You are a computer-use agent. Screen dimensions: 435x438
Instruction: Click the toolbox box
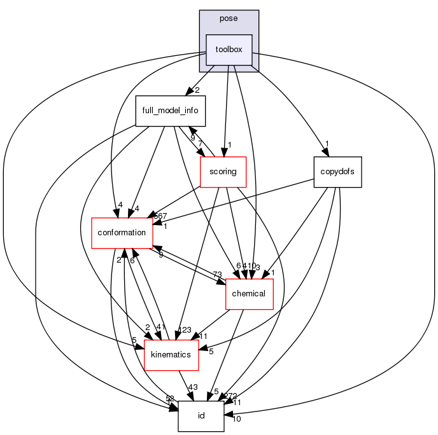tap(229, 50)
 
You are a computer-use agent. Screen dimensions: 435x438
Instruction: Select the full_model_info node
tap(170, 110)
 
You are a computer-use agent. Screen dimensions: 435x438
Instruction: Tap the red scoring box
tap(223, 172)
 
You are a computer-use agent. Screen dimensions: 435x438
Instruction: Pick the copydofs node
tap(337, 172)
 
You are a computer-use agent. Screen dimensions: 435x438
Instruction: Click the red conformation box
tap(122, 233)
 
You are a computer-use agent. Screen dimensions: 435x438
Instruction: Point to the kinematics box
tap(171, 354)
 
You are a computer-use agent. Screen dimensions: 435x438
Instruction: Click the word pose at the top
tap(229, 18)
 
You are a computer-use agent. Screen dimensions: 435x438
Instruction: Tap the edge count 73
tap(217, 275)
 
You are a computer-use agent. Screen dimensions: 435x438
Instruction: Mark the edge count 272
tap(230, 396)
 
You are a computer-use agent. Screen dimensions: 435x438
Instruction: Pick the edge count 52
tap(170, 398)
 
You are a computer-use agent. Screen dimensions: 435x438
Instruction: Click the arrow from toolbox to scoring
tap(226, 114)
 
